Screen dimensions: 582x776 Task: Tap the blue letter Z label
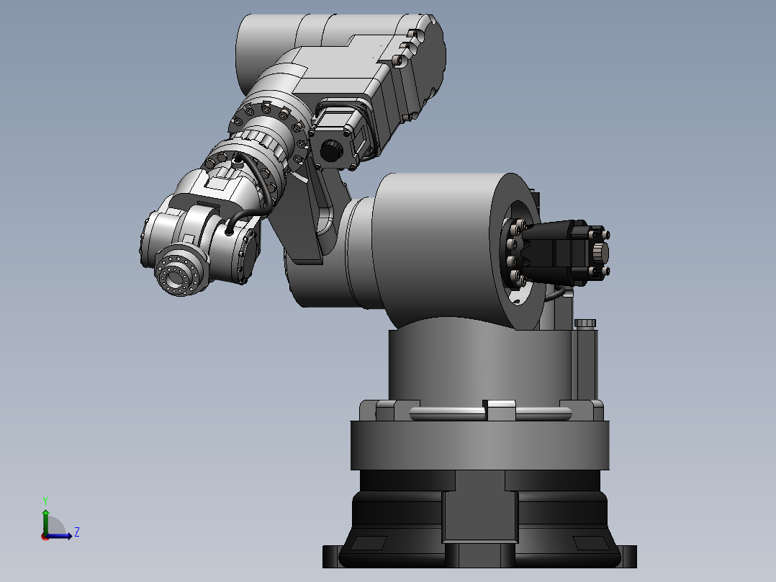coord(76,532)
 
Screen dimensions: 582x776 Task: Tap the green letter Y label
coord(45,499)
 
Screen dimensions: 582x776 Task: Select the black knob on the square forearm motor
coord(331,151)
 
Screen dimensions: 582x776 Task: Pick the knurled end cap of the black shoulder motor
coord(600,253)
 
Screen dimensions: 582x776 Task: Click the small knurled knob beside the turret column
coord(586,323)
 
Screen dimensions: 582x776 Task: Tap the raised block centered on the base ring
coord(500,411)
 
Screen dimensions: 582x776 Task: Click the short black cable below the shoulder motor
coord(556,294)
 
